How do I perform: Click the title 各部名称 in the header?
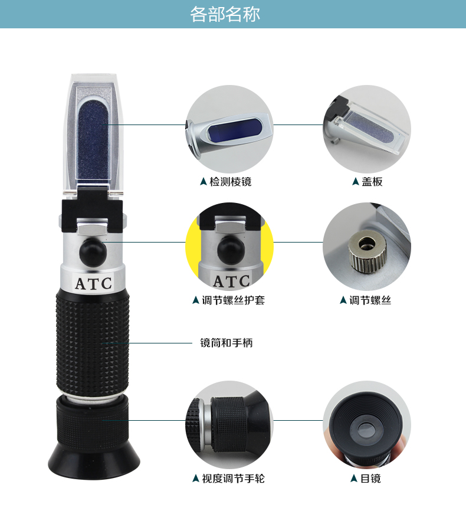[225, 14]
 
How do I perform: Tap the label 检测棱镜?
[231, 182]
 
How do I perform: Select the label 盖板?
[372, 182]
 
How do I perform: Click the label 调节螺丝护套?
[234, 300]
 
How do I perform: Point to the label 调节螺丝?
[370, 300]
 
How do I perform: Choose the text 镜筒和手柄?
[227, 343]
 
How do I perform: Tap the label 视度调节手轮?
[234, 479]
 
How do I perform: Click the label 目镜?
[370, 479]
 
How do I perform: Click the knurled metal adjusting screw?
[367, 251]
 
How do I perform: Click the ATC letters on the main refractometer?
[93, 284]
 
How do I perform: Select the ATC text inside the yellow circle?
[231, 281]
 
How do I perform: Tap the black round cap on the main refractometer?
[93, 252]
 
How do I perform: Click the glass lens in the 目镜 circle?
[366, 430]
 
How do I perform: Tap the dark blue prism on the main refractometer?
[93, 140]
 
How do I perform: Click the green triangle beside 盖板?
[355, 182]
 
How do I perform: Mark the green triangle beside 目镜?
[353, 479]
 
